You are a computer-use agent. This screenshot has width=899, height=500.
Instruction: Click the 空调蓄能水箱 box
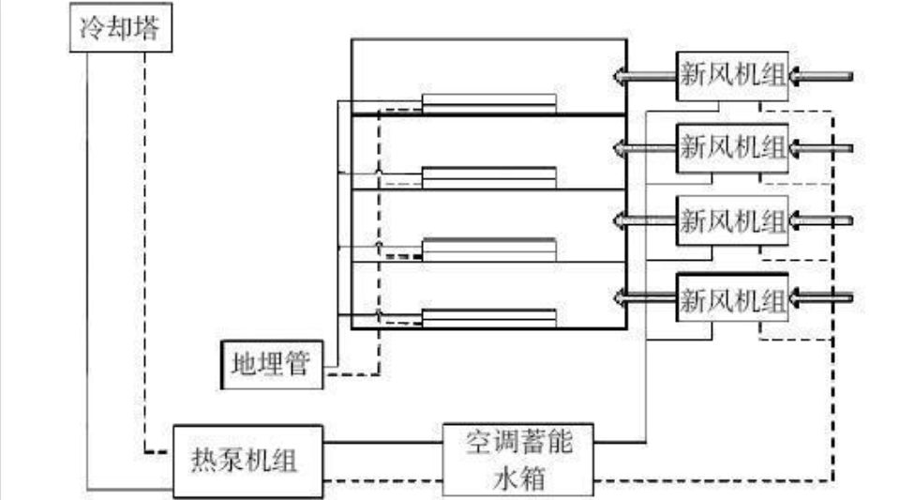coord(518,460)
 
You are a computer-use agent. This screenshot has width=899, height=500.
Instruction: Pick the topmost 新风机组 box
coord(733,74)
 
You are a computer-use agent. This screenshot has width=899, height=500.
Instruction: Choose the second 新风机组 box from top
coord(733,147)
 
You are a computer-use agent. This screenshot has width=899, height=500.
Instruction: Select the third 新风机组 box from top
coord(733,221)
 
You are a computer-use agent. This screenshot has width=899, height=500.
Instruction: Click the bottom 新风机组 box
coord(733,298)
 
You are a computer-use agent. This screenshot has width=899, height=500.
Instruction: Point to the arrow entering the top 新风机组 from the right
coord(822,75)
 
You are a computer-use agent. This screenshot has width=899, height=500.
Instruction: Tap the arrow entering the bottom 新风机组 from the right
coord(822,298)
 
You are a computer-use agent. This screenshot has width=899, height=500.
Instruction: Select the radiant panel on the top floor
coord(488,102)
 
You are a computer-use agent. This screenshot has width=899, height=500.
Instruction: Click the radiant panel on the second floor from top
coord(488,175)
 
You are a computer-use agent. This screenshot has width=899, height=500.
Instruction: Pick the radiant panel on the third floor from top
coord(488,249)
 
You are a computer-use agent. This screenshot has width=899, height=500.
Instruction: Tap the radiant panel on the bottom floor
coord(488,319)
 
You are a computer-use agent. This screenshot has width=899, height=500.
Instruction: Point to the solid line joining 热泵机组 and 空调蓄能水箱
coord(383,441)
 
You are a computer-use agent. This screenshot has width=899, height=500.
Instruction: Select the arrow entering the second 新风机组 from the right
coord(822,147)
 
